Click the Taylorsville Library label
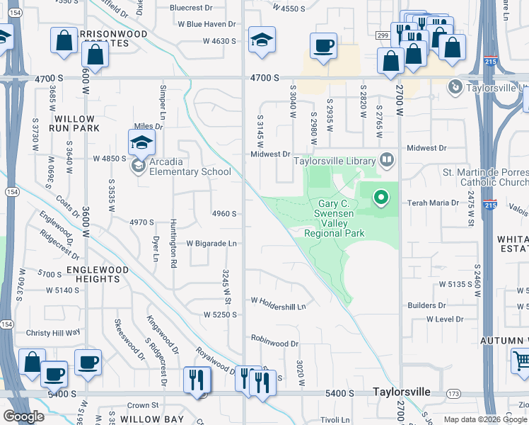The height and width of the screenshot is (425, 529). point(335,161)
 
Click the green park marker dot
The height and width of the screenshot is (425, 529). point(381,198)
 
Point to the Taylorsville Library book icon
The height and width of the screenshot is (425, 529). point(385,160)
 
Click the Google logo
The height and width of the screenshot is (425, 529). point(24,416)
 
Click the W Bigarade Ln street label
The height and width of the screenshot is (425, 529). point(211,243)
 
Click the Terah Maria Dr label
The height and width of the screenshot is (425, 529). point(434,203)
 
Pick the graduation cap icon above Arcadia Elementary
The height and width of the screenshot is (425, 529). point(141,143)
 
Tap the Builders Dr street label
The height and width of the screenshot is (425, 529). point(426,305)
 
